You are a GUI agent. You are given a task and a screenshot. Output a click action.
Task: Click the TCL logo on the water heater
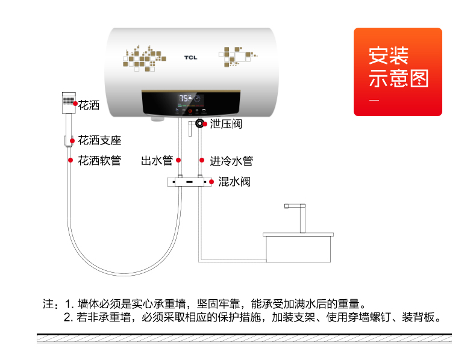(190, 57)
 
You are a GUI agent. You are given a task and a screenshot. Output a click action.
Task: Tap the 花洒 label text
(89, 105)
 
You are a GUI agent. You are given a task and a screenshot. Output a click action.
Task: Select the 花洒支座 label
(99, 140)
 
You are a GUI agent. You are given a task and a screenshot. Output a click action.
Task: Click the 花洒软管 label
(99, 161)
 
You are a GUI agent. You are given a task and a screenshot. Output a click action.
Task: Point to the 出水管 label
(157, 161)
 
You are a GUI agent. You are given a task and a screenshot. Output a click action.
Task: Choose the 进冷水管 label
(231, 161)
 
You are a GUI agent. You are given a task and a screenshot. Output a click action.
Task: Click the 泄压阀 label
(226, 124)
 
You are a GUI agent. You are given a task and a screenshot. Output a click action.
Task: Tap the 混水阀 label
(234, 182)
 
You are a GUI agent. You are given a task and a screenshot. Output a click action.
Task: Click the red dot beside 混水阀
(211, 182)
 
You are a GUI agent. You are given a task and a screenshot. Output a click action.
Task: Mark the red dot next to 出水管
(178, 160)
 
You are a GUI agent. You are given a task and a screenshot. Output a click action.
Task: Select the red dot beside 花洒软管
(70, 160)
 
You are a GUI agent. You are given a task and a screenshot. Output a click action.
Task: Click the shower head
(69, 103)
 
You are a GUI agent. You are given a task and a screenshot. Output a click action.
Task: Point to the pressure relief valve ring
(199, 123)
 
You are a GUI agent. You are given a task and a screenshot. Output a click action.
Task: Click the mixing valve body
(189, 182)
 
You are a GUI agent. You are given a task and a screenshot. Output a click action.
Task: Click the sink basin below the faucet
(298, 247)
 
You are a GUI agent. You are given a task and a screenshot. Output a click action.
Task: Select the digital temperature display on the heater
(190, 99)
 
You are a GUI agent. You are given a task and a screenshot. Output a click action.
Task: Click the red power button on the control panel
(190, 111)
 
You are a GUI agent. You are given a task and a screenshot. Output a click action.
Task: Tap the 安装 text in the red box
(389, 56)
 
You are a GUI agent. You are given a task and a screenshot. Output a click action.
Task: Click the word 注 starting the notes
(49, 303)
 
